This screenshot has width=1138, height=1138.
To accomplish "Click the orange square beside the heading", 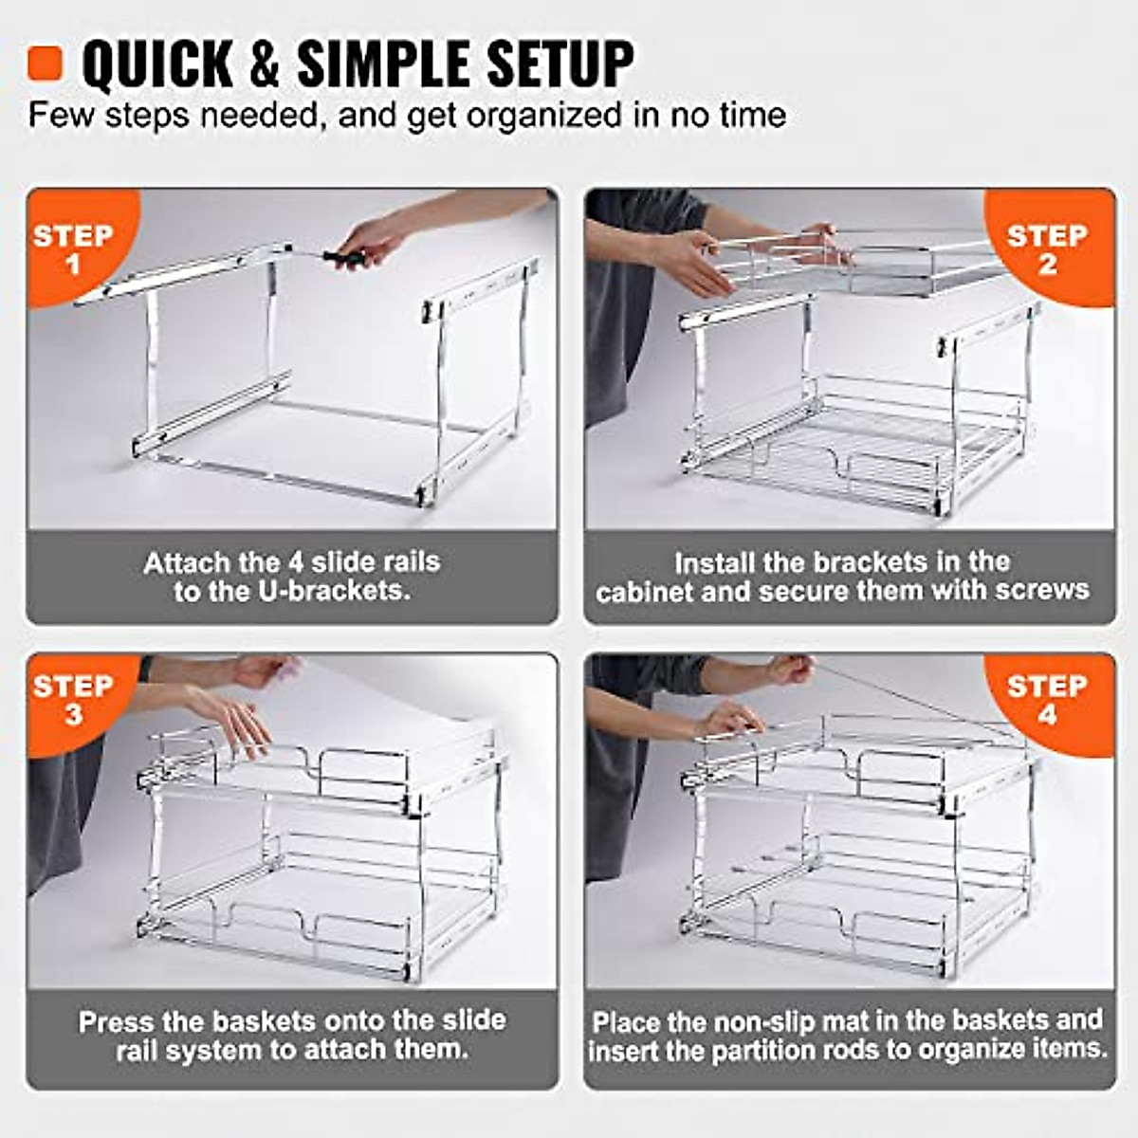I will point(45,63).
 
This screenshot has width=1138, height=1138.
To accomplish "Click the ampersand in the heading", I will point(265,64).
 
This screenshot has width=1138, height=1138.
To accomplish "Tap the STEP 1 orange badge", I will point(72,248).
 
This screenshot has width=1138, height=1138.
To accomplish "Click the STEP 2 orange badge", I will point(1048,248).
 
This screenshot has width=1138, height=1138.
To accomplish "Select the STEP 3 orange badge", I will point(72,699).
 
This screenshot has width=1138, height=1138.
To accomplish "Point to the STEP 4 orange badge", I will point(1048,699).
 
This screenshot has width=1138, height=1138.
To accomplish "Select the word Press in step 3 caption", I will point(115,1022).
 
